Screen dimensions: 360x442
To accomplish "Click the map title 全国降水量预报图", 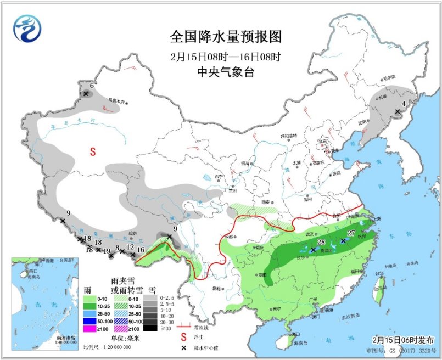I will pyautogui.click(x=226, y=37).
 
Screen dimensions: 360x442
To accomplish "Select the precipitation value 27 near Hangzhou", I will pyautogui.click(x=351, y=233).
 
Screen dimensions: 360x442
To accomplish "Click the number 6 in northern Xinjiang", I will pyautogui.click(x=92, y=85).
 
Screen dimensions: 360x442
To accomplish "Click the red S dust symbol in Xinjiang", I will pyautogui.click(x=93, y=150).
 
